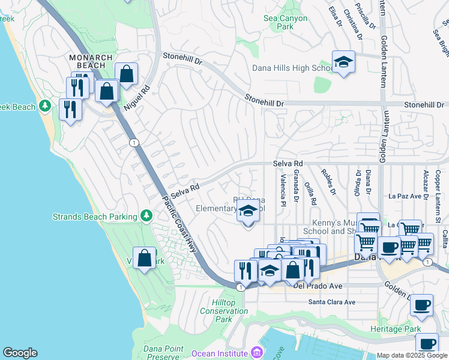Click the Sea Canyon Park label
pos(286,23)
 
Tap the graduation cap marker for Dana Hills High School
pos(343,62)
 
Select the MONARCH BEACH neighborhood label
pos(91,62)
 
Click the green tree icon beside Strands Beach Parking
pos(145,215)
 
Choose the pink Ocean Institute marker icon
pos(257,352)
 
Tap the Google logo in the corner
pos(20,353)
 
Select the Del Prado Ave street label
pos(318,286)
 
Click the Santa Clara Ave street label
pos(332,302)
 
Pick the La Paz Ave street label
pos(407,196)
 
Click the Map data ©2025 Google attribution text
pos(412,355)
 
